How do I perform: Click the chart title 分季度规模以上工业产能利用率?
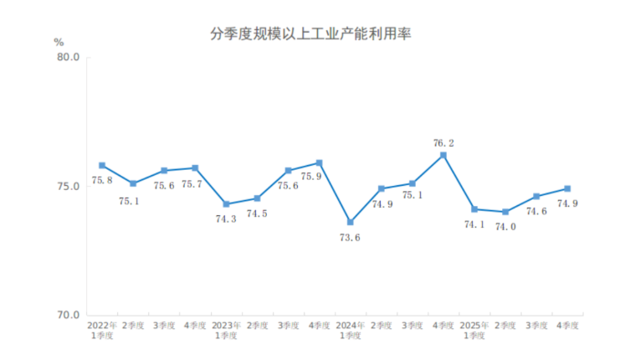click(313, 34)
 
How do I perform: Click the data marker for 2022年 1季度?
click(102, 166)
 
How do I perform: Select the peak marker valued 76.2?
click(443, 155)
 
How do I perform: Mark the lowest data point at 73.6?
click(351, 223)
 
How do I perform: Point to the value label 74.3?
click(226, 219)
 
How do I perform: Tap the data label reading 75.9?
click(327, 176)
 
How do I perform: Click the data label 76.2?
click(443, 143)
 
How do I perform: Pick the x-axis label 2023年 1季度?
click(226, 330)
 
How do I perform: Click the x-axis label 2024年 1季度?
click(351, 330)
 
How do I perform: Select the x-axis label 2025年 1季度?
click(474, 330)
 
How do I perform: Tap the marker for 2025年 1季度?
click(474, 209)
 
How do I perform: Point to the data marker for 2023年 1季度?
click(226, 204)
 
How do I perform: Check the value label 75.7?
click(195, 183)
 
